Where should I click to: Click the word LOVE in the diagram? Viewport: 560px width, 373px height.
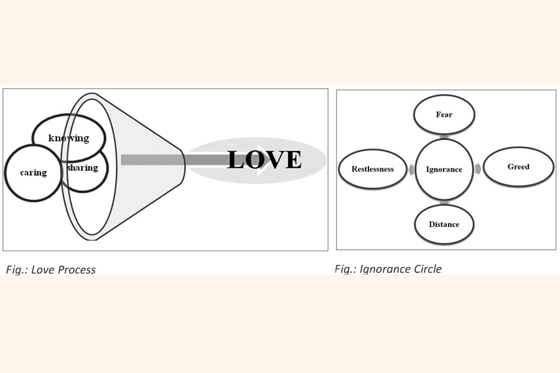click(x=264, y=160)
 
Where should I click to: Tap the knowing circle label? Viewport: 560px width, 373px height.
click(x=68, y=138)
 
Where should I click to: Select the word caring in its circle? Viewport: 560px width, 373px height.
click(x=33, y=172)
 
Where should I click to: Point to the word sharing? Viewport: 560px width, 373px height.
click(x=83, y=167)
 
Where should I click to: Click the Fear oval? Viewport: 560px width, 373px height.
click(x=444, y=114)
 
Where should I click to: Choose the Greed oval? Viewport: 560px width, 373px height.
click(x=518, y=167)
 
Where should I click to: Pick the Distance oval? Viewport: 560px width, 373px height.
click(x=444, y=224)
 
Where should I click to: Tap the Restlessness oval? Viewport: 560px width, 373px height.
click(x=372, y=169)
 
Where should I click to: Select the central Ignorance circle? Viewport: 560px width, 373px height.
click(x=444, y=169)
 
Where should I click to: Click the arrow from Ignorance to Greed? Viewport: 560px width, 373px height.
click(x=477, y=168)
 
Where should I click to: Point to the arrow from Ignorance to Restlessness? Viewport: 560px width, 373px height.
click(x=411, y=169)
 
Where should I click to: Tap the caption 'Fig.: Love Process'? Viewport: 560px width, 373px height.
click(x=51, y=269)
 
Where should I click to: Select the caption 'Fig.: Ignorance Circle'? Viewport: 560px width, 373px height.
click(x=388, y=269)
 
